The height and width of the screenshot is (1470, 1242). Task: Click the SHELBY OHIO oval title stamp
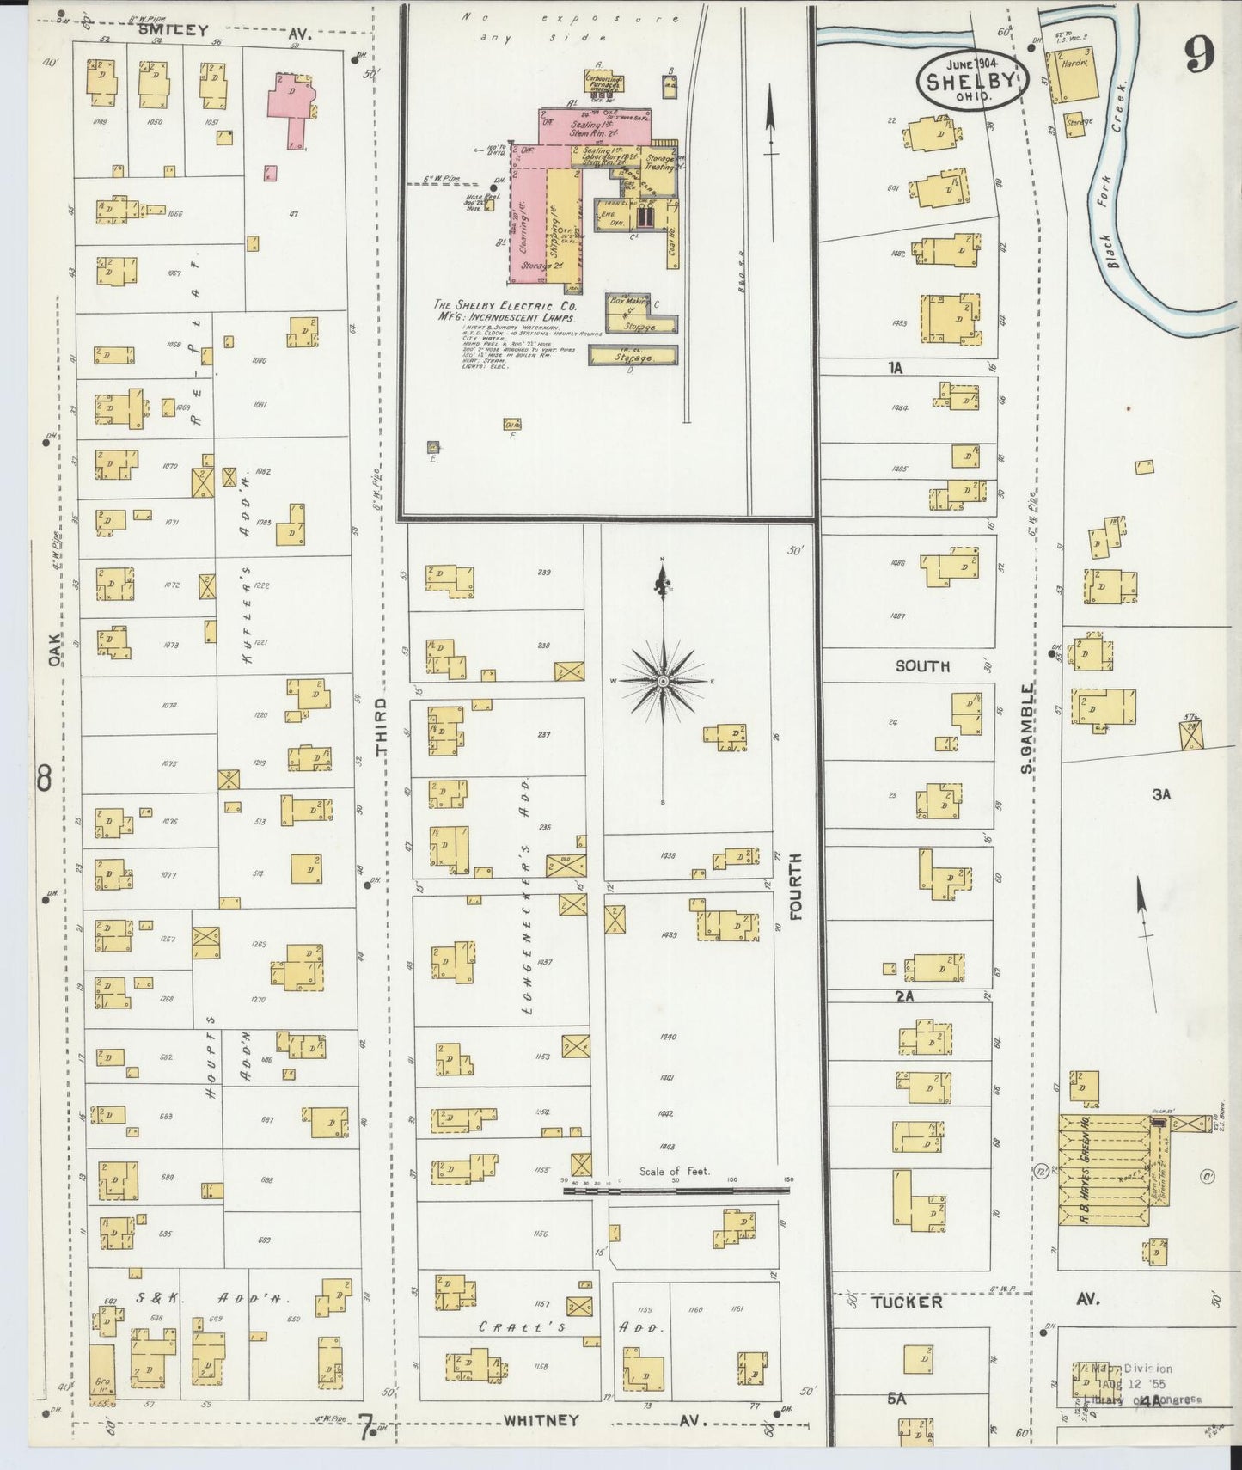click(972, 82)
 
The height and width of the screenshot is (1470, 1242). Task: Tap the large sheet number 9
click(1200, 56)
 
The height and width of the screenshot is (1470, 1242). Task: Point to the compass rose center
click(663, 681)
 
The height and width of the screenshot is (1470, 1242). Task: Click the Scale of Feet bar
click(676, 1191)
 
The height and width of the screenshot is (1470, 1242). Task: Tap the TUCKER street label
click(907, 1302)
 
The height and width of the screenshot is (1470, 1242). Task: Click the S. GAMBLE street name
click(1026, 726)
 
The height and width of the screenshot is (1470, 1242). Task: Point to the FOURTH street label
click(795, 886)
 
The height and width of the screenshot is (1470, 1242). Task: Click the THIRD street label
click(382, 726)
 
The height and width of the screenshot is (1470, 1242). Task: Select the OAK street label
click(55, 649)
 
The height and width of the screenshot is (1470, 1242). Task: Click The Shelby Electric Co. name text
click(505, 305)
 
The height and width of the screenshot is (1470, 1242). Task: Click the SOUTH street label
click(922, 665)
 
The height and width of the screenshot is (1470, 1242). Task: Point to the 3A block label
click(1161, 795)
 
